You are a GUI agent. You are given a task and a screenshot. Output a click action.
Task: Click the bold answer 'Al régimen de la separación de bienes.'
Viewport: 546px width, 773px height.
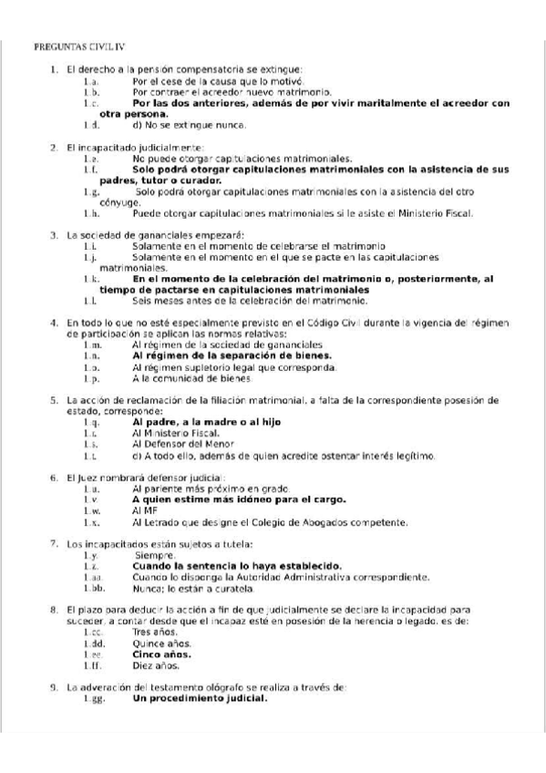point(232,356)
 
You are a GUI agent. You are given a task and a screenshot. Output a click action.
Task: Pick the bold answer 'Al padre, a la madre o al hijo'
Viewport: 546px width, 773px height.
point(207,423)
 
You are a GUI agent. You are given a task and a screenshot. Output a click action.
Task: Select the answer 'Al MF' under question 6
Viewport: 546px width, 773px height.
point(144,511)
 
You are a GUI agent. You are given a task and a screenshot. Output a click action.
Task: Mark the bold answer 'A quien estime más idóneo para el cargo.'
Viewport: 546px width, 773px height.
point(239,500)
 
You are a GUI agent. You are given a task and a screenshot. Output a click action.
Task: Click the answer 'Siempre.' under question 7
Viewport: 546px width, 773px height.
point(155,555)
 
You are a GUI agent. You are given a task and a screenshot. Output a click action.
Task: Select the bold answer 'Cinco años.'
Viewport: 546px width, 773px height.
point(161,654)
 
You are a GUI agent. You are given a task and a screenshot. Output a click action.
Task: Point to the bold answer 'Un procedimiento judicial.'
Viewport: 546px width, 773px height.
point(200,699)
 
